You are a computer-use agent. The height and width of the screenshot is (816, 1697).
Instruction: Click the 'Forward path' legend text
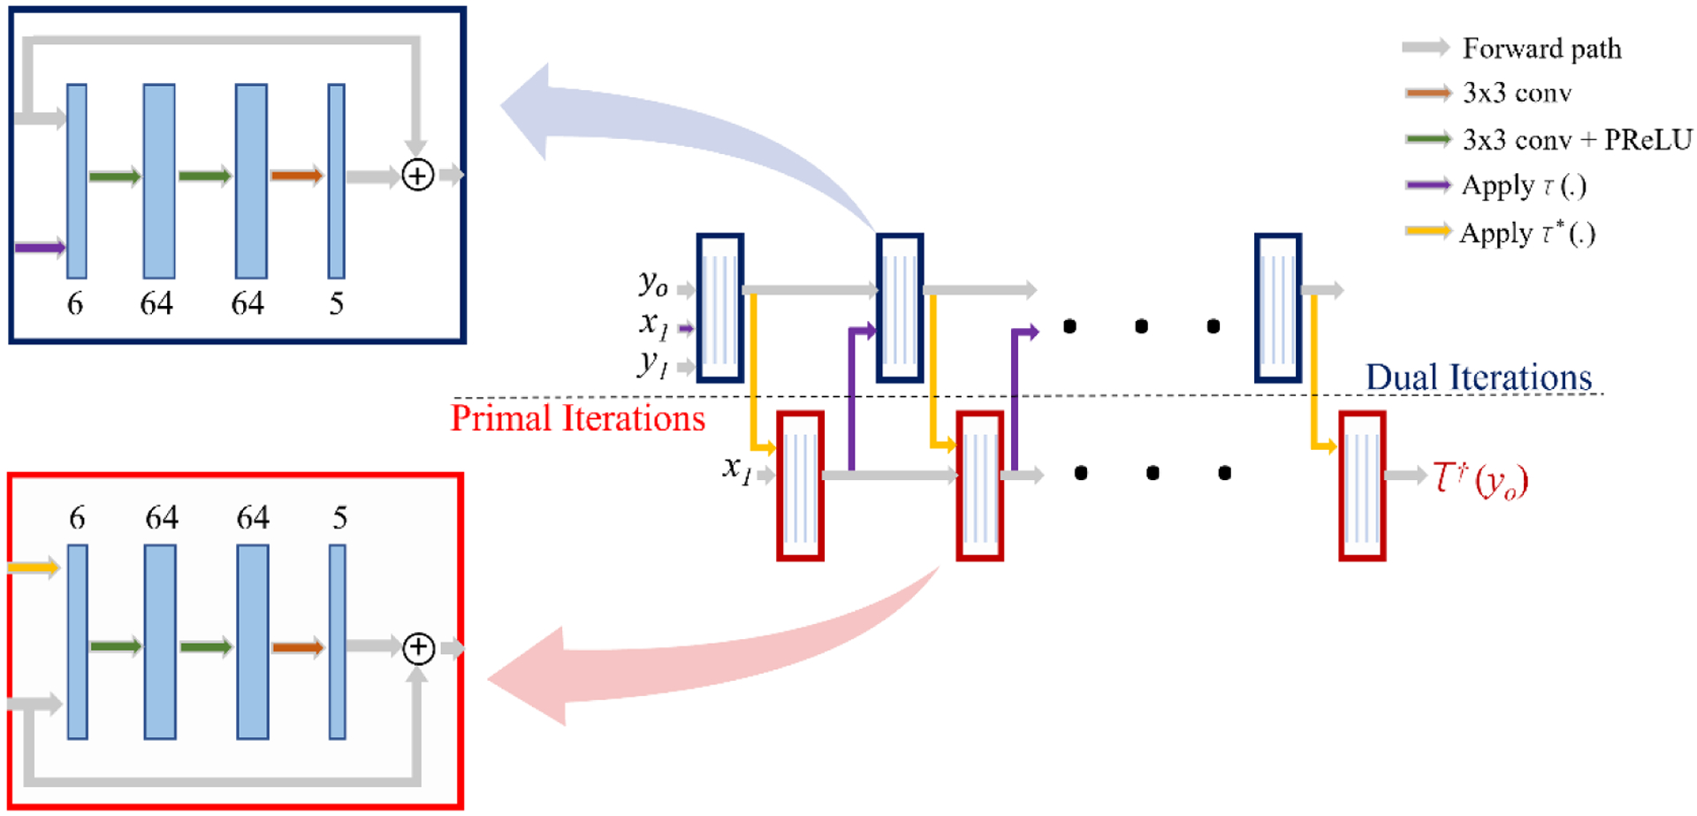(1541, 49)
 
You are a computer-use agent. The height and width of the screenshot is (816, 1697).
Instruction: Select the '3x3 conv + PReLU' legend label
(1577, 140)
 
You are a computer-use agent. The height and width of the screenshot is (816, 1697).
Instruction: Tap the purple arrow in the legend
(1427, 185)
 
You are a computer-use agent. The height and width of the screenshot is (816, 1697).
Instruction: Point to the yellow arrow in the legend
(1427, 232)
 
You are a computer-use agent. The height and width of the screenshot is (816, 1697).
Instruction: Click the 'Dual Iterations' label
(1479, 377)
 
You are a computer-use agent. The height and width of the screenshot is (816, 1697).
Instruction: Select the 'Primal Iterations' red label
(578, 418)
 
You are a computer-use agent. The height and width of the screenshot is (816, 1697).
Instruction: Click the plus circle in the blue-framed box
(417, 175)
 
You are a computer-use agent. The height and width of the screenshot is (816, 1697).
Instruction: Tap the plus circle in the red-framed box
(418, 648)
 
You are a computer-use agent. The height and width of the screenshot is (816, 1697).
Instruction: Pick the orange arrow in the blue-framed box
(297, 175)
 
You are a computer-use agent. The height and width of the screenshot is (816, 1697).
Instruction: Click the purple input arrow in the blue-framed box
(40, 248)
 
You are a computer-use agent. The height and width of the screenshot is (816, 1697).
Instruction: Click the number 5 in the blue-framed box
(336, 304)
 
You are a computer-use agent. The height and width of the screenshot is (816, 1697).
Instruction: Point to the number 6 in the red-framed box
(77, 517)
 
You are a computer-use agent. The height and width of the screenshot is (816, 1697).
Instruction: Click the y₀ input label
(653, 283)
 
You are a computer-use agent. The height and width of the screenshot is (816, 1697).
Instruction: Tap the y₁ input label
(652, 362)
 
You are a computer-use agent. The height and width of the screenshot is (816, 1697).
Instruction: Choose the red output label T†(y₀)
(1480, 479)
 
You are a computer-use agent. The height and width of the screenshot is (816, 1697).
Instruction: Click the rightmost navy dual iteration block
(1277, 308)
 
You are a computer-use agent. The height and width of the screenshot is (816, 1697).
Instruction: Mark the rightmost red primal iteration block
(1362, 485)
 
